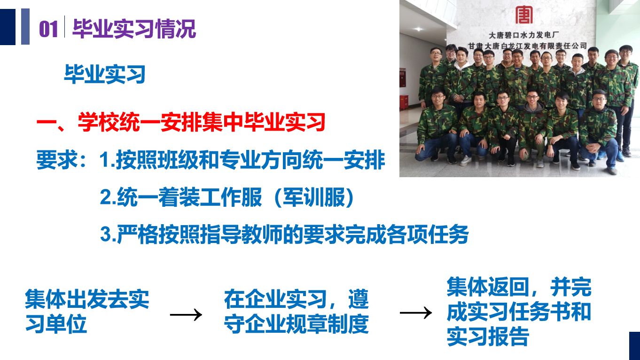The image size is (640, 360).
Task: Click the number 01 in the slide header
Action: click(49, 29)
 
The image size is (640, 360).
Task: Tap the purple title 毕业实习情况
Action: click(134, 29)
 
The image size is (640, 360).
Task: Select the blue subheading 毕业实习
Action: click(105, 74)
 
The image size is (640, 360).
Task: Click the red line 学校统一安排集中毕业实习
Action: click(202, 122)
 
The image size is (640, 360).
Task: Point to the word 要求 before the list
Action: click(57, 159)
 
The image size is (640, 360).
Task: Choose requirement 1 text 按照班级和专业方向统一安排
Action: click(250, 160)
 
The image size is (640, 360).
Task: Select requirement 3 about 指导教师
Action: click(284, 235)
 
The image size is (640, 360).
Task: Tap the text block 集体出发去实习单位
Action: click(87, 311)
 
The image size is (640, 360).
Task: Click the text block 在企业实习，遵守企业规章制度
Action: click(297, 311)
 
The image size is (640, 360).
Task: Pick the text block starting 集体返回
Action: click(519, 311)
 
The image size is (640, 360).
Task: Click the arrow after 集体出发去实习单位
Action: click(186, 315)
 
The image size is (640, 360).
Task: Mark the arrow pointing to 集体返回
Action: click(416, 313)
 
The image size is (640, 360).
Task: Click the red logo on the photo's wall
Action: click(524, 15)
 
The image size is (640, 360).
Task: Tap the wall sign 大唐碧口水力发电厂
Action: click(524, 35)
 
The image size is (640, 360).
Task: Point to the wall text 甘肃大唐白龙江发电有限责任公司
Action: click(527, 46)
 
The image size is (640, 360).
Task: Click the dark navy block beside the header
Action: click(8, 27)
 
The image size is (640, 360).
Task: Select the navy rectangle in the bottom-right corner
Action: click(634, 346)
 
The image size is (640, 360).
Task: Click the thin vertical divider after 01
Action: click(64, 27)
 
